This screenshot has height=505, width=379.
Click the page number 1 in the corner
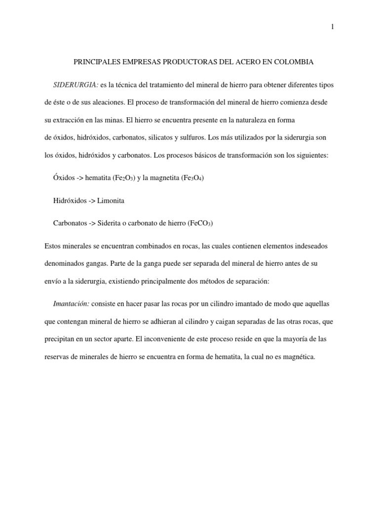332,28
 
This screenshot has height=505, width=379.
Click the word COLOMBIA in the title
290,62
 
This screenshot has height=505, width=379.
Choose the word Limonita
111,201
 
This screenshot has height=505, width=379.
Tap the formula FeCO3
200,223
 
